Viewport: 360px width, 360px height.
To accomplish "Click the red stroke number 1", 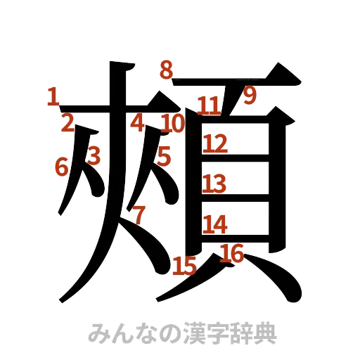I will [x=51, y=96].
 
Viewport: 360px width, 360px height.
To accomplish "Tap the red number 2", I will [x=67, y=124].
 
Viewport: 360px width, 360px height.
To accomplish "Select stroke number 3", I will [x=94, y=154].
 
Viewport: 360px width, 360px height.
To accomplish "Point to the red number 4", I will [x=138, y=124].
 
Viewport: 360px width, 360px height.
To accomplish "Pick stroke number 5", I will [x=164, y=155].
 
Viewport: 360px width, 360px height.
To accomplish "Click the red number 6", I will [x=61, y=167].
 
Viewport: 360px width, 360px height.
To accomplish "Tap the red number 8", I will [x=166, y=70].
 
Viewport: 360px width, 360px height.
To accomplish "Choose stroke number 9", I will [x=250, y=98].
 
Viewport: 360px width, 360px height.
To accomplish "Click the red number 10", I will [x=172, y=124].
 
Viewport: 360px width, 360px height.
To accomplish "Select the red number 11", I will [x=209, y=106].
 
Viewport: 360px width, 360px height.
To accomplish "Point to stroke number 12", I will [x=215, y=145].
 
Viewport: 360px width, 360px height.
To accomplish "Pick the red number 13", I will [x=214, y=184].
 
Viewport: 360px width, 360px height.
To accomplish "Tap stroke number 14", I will [x=215, y=224].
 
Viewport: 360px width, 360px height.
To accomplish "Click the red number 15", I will [x=184, y=266].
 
